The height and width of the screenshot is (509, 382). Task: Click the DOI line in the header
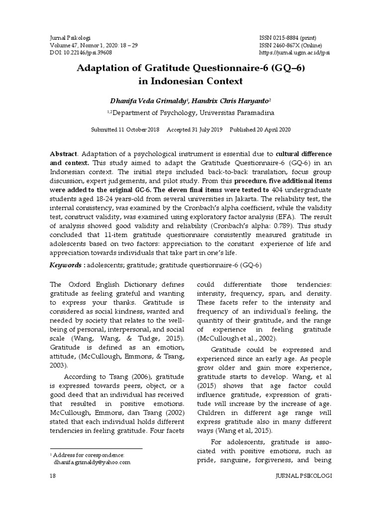tap(81, 52)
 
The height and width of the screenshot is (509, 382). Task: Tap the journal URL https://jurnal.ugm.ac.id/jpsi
tap(295, 52)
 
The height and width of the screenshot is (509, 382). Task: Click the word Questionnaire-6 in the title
tap(214, 68)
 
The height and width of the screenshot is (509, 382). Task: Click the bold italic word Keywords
tap(67, 265)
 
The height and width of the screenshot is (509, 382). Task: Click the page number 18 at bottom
tap(53, 476)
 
